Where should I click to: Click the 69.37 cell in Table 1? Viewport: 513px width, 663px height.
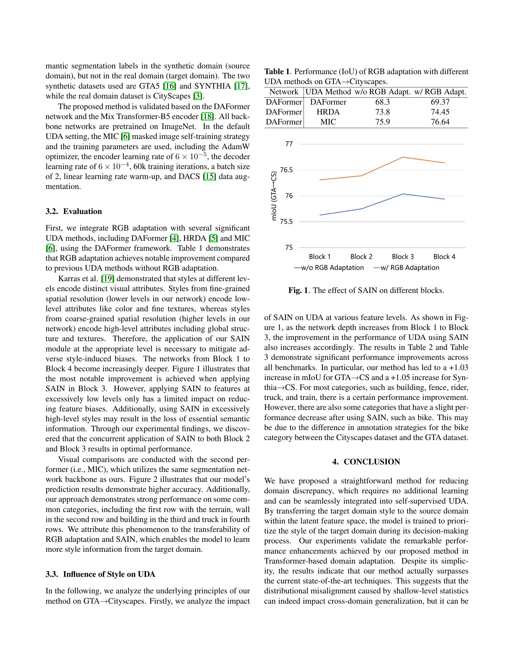440,102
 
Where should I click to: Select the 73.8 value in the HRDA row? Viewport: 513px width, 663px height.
382,112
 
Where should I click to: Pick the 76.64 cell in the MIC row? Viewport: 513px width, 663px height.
440,122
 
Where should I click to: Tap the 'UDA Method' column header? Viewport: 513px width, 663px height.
328,92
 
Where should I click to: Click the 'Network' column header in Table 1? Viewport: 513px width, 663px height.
284,92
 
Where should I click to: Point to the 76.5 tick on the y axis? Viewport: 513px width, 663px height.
286,170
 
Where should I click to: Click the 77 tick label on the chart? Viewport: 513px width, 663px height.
289,144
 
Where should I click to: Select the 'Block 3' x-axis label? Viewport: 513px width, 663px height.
403,257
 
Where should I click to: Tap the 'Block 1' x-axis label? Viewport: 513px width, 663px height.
320,257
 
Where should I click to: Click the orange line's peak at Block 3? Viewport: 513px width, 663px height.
403,157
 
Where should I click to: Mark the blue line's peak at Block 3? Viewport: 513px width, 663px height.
403,194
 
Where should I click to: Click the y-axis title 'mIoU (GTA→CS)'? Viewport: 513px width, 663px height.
274,196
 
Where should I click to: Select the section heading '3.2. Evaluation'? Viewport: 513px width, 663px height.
74,211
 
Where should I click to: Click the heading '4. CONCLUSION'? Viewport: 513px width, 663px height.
366,462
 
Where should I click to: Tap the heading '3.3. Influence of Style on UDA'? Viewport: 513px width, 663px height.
100,574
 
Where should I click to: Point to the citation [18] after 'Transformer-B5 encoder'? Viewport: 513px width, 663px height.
208,117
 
